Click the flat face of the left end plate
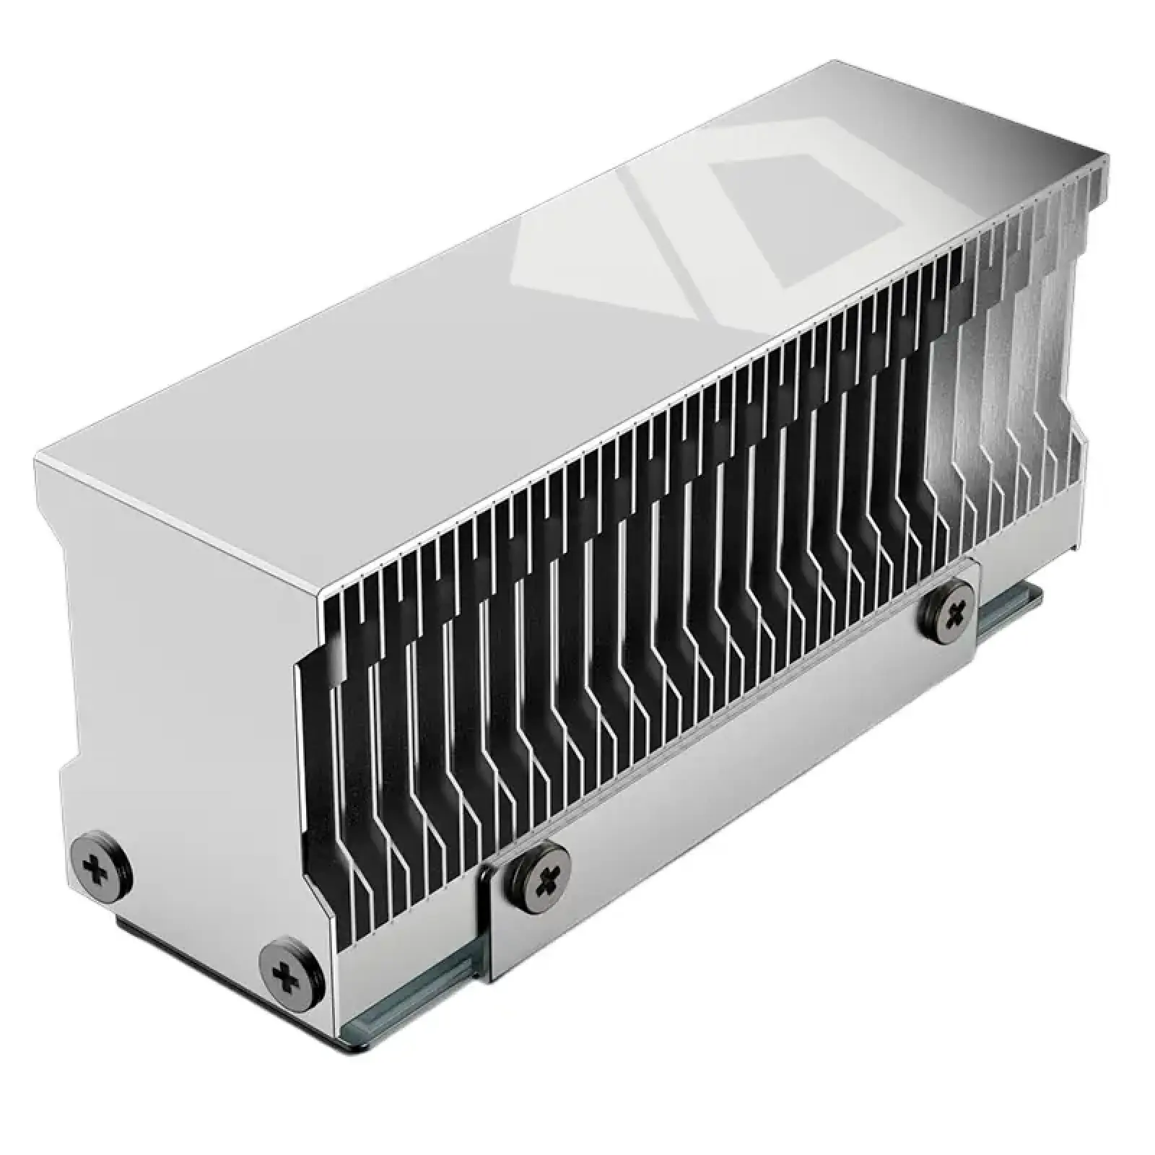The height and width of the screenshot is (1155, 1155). [x=180, y=722]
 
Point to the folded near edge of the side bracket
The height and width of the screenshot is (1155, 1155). [x=491, y=924]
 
